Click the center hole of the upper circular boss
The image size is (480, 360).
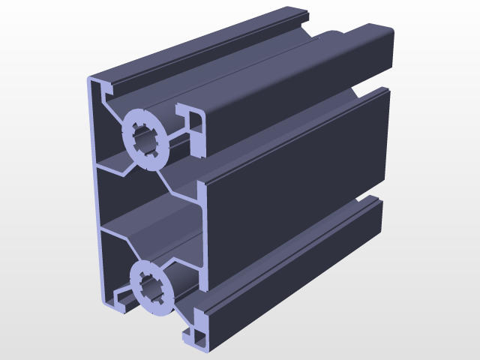(x=145, y=138)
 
